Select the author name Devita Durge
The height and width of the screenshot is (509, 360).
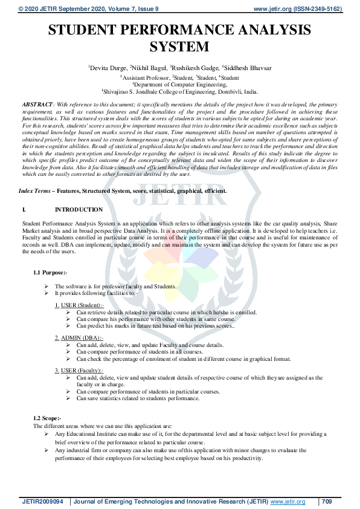[108, 67]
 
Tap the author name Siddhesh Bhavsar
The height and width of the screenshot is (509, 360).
[248, 67]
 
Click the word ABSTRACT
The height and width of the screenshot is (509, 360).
[37, 105]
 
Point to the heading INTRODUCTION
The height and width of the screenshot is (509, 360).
[79, 210]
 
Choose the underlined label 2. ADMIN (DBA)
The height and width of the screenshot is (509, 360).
[79, 337]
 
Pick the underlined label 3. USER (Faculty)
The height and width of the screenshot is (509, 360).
[79, 370]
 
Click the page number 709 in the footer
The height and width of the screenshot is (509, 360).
[327, 502]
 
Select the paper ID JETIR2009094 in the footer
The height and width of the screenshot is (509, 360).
[42, 502]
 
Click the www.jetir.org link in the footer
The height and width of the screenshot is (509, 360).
[288, 502]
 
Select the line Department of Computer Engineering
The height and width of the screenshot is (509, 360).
[181, 85]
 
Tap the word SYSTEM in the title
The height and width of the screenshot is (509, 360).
[179, 47]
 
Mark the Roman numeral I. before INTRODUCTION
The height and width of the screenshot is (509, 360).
[24, 210]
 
